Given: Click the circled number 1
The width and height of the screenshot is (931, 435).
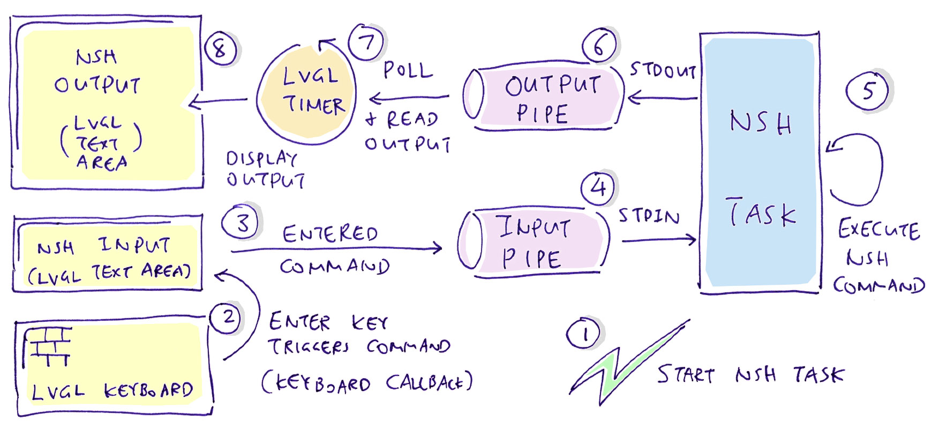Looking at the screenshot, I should [x=583, y=334].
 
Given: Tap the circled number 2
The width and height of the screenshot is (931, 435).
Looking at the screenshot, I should [x=227, y=318].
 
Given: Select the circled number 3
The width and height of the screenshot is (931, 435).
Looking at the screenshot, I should [x=242, y=222].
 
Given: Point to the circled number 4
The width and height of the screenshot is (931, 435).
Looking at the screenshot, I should [x=598, y=188].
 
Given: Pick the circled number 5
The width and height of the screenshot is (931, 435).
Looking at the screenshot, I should [x=867, y=90].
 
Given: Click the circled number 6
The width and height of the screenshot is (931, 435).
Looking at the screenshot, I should [x=599, y=45].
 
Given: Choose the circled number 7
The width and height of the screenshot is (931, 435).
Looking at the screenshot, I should [x=366, y=42].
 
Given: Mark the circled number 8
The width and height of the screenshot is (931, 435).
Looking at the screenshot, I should [x=220, y=49].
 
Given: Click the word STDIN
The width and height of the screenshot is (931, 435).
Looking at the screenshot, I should [x=649, y=216].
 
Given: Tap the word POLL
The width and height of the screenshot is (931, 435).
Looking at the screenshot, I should [x=408, y=70].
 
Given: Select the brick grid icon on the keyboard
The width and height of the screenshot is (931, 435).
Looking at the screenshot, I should [x=48, y=346].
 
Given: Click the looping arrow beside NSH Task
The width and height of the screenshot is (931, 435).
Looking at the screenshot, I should [x=857, y=169].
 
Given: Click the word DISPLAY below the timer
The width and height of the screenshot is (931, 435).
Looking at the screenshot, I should [x=261, y=158].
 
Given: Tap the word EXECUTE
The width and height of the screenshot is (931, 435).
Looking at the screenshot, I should [x=879, y=230].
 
